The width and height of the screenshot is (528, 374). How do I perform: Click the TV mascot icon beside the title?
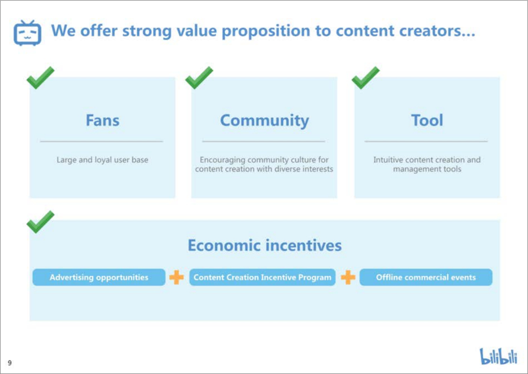(27, 33)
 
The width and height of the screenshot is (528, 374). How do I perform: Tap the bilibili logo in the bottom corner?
(498, 356)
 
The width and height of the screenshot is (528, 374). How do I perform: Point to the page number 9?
(10, 363)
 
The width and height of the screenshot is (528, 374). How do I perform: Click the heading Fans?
(102, 120)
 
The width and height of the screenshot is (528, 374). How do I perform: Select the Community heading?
(265, 121)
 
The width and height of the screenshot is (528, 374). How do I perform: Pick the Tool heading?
(427, 120)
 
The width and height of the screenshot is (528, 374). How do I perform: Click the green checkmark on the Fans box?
(40, 78)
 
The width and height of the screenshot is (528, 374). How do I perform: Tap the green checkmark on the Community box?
(199, 78)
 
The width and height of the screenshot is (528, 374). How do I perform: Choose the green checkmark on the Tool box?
(365, 78)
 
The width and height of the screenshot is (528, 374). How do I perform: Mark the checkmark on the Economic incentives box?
(40, 222)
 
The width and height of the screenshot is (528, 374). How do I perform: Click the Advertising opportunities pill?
(99, 277)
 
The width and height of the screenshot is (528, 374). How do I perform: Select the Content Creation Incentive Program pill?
(262, 277)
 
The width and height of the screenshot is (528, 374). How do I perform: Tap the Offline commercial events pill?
(426, 277)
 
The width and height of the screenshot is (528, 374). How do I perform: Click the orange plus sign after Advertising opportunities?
(177, 277)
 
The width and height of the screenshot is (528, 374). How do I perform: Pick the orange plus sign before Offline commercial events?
(348, 277)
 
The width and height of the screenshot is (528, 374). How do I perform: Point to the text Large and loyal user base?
(102, 160)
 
